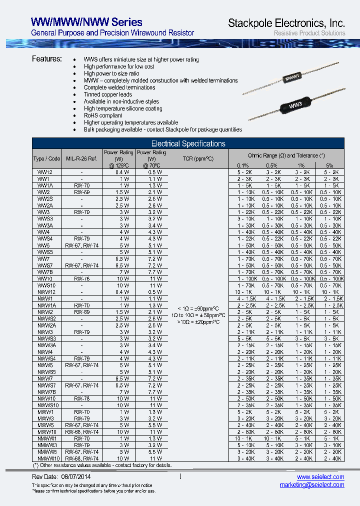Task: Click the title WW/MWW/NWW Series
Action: click(x=86, y=22)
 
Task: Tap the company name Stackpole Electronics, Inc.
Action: click(x=286, y=23)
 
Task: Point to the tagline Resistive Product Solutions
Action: click(x=309, y=33)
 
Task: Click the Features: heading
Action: click(x=47, y=59)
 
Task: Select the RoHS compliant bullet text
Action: click(x=103, y=115)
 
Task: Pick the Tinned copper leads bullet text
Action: click(x=108, y=94)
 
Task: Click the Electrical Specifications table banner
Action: click(x=188, y=143)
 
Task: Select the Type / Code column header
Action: click(x=46, y=158)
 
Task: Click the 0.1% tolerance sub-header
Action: click(x=242, y=165)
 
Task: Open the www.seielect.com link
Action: click(x=320, y=477)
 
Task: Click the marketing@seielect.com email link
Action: click(x=311, y=485)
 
